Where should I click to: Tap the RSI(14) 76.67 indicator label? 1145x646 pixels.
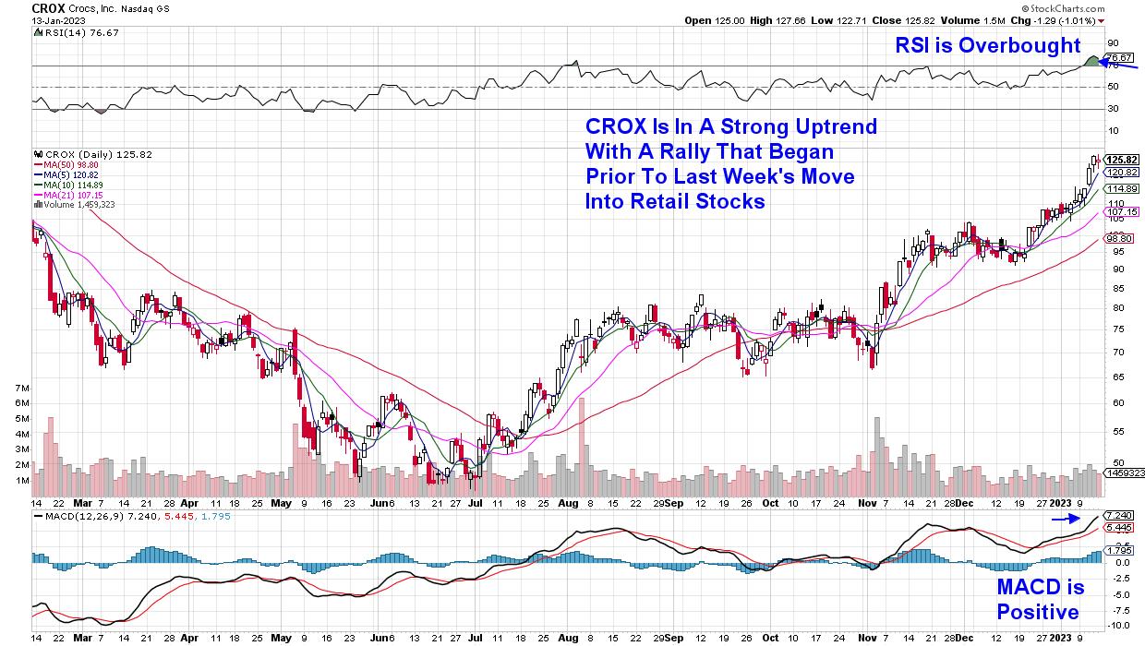pos(68,31)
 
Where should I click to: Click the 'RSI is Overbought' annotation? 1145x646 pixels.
pos(986,45)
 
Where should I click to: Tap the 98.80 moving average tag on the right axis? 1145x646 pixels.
pos(1116,237)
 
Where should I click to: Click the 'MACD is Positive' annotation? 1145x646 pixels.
pos(1040,600)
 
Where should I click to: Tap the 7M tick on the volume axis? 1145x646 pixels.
pos(21,389)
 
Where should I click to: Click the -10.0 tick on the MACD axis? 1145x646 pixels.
pos(1116,625)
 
